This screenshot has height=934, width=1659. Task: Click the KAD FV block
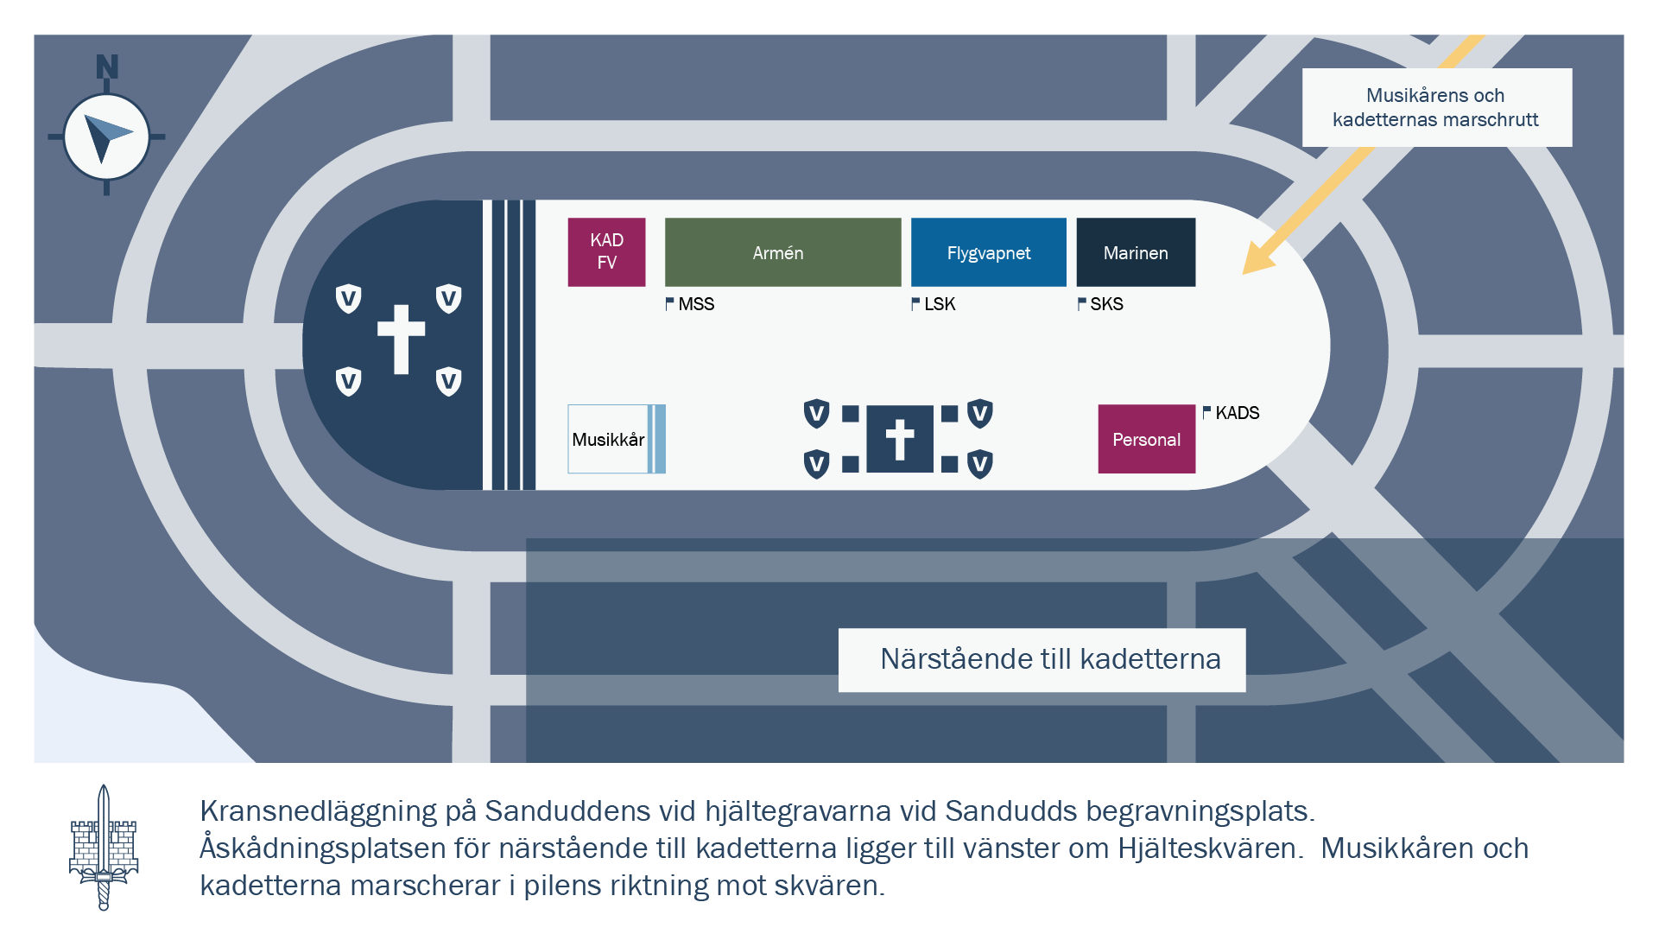point(606,252)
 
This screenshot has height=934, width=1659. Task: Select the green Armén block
point(782,252)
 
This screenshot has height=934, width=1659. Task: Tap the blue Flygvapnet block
point(989,252)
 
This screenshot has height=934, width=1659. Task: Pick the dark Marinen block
point(1136,252)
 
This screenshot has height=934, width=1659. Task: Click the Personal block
point(1147,439)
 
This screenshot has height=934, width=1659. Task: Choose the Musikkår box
point(617,439)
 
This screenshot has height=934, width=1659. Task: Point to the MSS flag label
point(690,304)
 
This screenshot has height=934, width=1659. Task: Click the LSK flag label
point(934,304)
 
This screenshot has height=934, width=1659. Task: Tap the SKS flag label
point(1100,304)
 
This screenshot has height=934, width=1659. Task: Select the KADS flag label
point(1232,413)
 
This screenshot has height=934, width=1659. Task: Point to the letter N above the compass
point(107,67)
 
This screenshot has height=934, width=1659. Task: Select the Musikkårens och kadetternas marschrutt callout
point(1437,107)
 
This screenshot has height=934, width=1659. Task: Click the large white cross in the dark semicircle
point(401,339)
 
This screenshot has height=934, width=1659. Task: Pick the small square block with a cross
point(900,439)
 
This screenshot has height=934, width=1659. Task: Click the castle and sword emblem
point(104,847)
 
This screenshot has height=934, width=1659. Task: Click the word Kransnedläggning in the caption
point(319,811)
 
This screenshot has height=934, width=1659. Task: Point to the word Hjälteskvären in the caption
point(1210,848)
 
